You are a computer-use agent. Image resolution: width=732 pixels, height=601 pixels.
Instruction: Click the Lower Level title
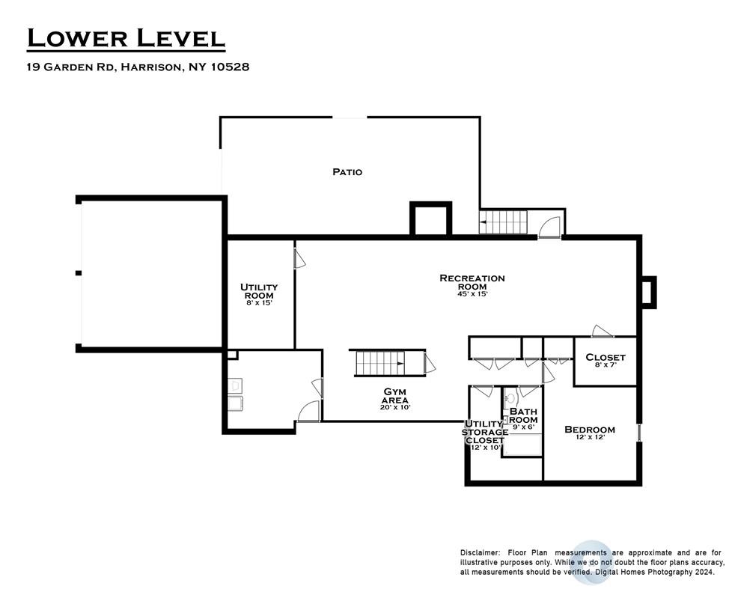[x=126, y=38]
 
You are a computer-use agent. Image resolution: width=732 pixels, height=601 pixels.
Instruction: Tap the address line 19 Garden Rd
[x=138, y=67]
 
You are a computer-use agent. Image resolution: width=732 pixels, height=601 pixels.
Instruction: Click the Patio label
[x=347, y=172]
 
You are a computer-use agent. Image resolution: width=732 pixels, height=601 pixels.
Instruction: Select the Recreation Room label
[x=472, y=282]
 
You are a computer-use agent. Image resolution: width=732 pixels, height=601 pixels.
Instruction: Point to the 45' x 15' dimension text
[x=472, y=294]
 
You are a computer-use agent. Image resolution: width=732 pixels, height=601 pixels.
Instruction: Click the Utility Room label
[x=259, y=291]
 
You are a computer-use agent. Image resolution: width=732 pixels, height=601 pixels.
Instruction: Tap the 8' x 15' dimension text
[x=259, y=303]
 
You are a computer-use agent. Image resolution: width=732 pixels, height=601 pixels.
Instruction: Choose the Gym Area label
[x=395, y=396]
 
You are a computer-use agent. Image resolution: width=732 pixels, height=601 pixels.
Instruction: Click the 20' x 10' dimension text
[x=395, y=407]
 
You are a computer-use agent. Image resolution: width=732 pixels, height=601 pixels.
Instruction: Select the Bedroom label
[x=590, y=430]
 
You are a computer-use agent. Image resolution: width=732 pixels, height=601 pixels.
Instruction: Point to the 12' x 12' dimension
[x=591, y=438]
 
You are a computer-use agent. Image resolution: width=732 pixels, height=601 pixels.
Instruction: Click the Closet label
[x=606, y=357]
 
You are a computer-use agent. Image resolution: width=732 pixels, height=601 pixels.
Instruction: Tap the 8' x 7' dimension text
[x=606, y=364]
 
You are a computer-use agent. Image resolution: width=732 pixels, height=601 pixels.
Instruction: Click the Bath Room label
[x=523, y=415]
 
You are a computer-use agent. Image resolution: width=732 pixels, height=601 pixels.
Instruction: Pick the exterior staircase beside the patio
[x=503, y=222]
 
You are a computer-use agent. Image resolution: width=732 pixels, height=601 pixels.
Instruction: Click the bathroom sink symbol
[x=511, y=398]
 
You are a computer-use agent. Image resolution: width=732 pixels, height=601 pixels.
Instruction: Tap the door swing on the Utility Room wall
[x=299, y=259]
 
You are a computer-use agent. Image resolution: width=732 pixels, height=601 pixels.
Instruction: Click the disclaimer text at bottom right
[x=592, y=562]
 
